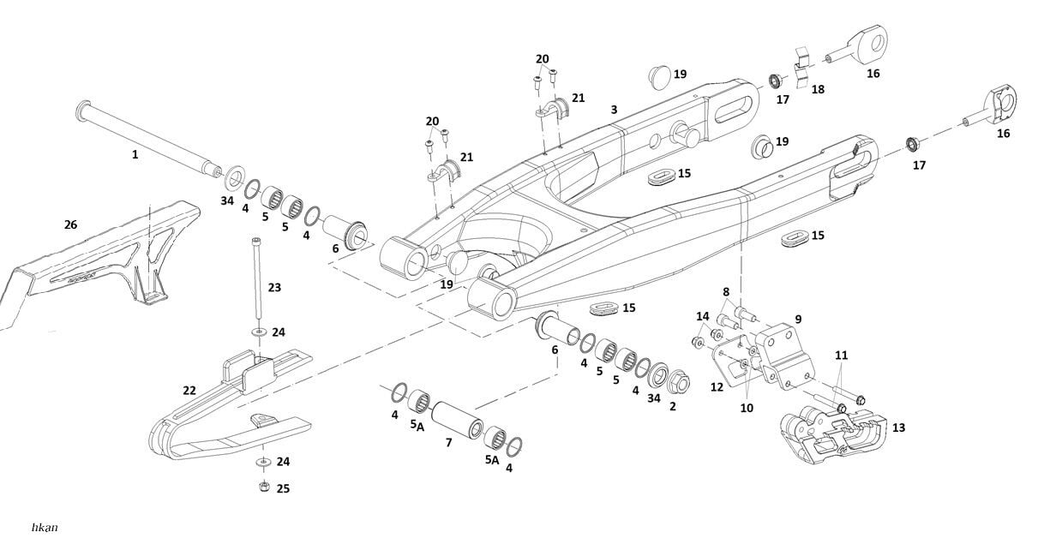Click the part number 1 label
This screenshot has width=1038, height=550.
(x=135, y=155)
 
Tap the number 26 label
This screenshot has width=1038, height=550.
(x=70, y=224)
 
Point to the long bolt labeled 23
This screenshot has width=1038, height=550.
(x=256, y=283)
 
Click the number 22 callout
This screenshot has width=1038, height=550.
(x=189, y=391)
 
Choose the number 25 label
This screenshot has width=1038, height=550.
(x=283, y=488)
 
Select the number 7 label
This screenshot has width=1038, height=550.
(x=447, y=442)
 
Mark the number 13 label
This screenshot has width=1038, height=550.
(x=898, y=427)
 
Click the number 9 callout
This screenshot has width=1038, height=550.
(x=797, y=319)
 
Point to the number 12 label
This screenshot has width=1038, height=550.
(x=717, y=387)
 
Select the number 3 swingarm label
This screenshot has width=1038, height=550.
(x=614, y=110)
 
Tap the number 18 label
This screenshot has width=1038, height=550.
(x=818, y=89)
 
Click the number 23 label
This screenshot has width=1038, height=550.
(x=274, y=288)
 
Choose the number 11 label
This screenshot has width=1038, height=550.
(x=841, y=355)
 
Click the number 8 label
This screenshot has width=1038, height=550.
(x=725, y=292)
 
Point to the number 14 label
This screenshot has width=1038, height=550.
(x=703, y=316)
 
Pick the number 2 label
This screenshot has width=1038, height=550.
(x=672, y=406)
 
